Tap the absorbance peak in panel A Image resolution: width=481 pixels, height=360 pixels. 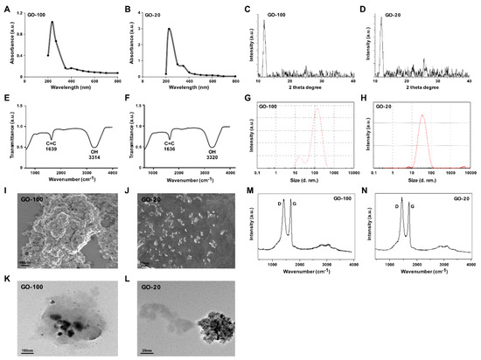click(52, 23)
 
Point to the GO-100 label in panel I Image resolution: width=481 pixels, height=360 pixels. click(33, 210)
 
